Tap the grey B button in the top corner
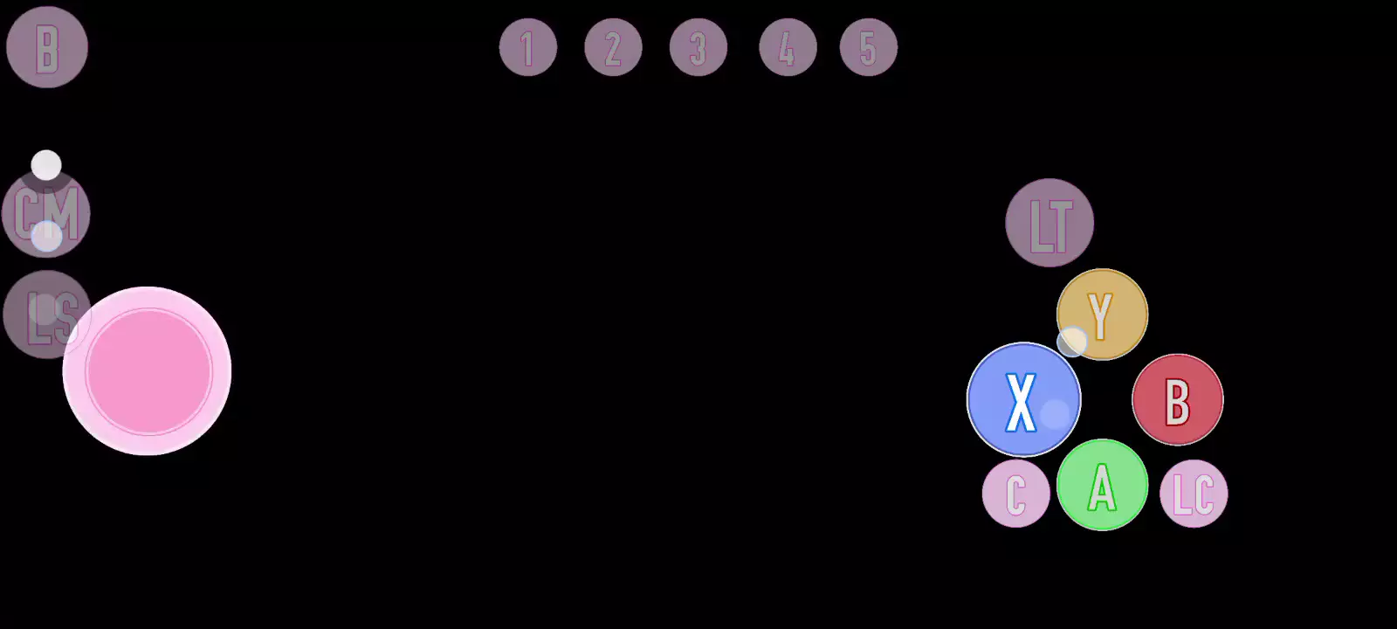pos(47,47)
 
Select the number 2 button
pos(613,47)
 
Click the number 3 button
pos(698,47)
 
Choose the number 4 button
pos(788,47)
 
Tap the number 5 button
pos(868,47)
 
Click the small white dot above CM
pos(46,165)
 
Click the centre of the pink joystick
pos(148,371)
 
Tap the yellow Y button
pos(1103,314)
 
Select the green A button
pos(1102,485)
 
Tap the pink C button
pos(1015,494)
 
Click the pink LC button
pos(1194,494)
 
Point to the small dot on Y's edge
pos(1072,342)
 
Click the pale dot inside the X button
pos(1055,414)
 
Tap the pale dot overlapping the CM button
pos(46,236)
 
